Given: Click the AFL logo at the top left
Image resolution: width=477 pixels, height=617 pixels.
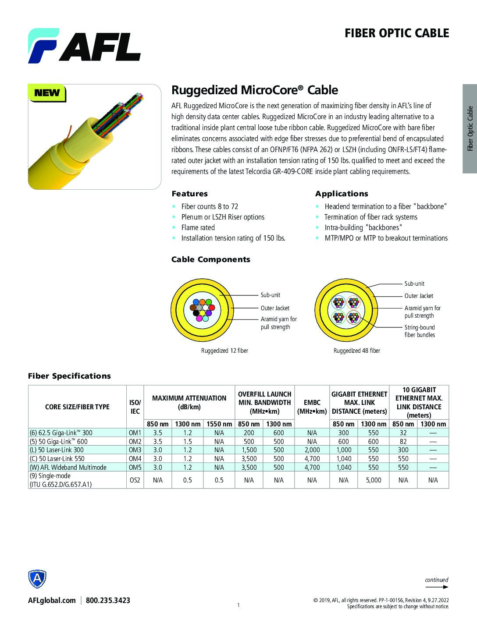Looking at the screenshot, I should click(x=84, y=46).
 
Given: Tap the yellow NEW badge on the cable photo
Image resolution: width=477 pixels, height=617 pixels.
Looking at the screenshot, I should click(x=47, y=93).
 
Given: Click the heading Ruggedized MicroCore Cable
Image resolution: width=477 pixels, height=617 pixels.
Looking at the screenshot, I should click(x=254, y=90).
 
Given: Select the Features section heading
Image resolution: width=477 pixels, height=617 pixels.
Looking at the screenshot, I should click(x=189, y=194).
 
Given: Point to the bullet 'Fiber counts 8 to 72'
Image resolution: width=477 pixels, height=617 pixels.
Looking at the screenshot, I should click(x=210, y=206).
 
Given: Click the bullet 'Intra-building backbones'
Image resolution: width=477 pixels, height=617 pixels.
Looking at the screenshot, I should click(x=363, y=227).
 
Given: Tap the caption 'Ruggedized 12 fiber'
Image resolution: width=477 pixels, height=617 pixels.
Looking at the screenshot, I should click(x=224, y=351).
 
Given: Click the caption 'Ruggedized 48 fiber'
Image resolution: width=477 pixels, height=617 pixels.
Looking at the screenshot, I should click(x=356, y=351).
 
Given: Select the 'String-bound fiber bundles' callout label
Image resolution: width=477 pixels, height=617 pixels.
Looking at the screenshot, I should click(x=420, y=331).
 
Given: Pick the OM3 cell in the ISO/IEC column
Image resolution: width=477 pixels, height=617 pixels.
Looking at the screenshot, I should click(x=135, y=450).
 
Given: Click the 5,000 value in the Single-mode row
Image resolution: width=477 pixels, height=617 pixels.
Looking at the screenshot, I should click(x=374, y=480).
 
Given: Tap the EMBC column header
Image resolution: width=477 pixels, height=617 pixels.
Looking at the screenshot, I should click(x=312, y=407).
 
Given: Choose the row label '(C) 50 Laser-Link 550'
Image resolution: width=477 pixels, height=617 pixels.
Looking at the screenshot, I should click(x=57, y=458).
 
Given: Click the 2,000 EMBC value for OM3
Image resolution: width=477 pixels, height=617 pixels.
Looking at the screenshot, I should click(x=312, y=450).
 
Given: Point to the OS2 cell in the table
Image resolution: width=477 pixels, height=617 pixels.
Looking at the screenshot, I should click(x=135, y=480).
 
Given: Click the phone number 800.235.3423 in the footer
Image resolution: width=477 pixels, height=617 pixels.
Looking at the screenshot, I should click(x=108, y=600).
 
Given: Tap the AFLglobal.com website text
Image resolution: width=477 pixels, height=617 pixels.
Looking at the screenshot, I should click(x=52, y=600).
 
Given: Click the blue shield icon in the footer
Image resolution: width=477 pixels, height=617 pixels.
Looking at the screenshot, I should click(x=37, y=580).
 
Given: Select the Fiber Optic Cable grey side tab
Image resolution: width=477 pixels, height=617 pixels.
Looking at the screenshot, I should click(x=470, y=128).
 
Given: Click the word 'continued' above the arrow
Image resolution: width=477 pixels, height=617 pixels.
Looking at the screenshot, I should click(x=436, y=580).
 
